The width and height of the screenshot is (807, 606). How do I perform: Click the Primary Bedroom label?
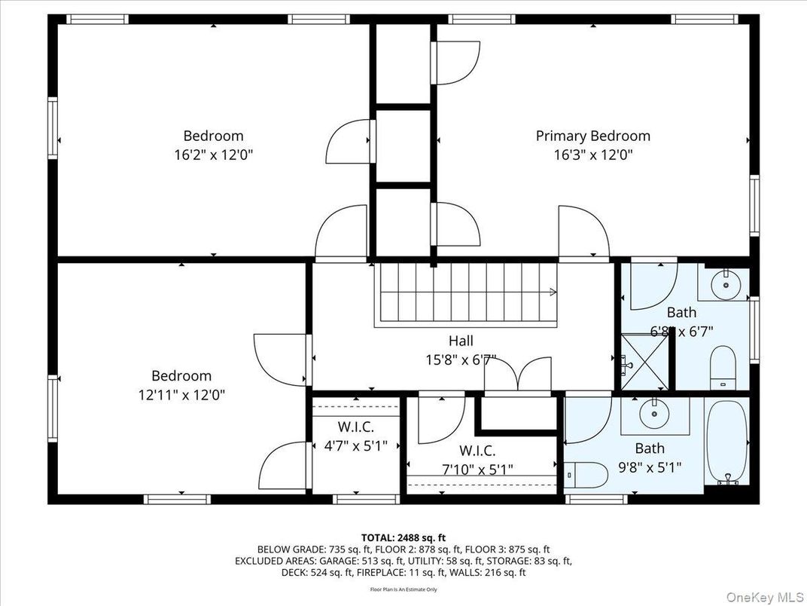592,136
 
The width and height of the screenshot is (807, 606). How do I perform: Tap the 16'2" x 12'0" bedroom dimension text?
213,155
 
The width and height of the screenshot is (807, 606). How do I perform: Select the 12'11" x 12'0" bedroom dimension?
181,394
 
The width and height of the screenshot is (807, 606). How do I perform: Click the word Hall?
460,341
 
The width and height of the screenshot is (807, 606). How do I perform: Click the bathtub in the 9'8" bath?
726,442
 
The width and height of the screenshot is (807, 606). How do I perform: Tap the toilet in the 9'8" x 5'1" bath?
587,473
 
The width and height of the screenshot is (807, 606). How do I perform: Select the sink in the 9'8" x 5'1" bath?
653,414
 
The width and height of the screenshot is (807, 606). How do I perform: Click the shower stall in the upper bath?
644,362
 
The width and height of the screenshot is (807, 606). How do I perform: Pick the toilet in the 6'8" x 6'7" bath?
723,366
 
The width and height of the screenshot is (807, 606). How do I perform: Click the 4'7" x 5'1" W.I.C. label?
355,445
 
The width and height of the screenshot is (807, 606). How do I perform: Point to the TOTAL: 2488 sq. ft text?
403,537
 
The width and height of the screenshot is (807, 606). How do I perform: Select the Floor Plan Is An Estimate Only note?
403,589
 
